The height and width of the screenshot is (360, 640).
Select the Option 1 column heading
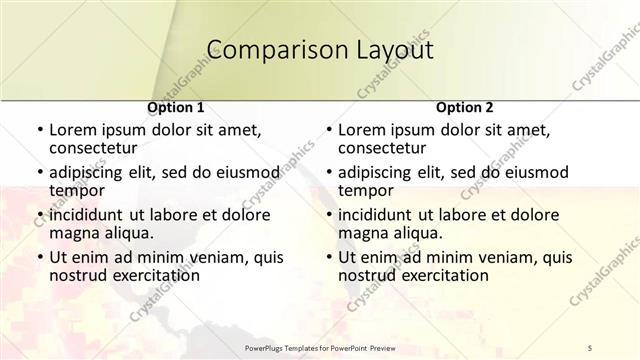pyautogui.click(x=176, y=106)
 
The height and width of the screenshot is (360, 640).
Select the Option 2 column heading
pyautogui.click(x=464, y=106)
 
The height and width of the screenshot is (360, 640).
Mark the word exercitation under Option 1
pyautogui.click(x=153, y=275)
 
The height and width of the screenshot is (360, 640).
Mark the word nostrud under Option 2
pyautogui.click(x=367, y=275)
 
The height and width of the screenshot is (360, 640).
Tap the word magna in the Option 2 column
pyautogui.click(x=363, y=233)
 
